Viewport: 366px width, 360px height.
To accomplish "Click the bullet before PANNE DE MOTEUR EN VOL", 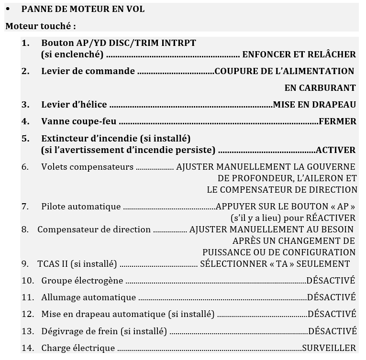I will click(8, 10).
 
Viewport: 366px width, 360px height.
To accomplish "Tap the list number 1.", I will click(25, 43).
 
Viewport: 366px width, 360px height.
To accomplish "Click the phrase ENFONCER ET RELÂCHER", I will click(299, 55).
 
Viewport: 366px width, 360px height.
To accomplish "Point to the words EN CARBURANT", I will click(320, 88).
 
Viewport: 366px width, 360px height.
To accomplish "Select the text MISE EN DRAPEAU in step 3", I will click(314, 105).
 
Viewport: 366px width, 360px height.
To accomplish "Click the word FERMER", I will click(337, 121).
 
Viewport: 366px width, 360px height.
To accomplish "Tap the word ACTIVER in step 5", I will click(335, 150).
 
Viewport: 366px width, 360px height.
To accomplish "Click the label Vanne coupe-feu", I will click(79, 121).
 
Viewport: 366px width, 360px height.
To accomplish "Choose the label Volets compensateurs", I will click(87, 167).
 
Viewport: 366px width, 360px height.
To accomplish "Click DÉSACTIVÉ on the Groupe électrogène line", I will click(331, 281).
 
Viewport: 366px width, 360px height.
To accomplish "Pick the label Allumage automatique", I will click(89, 297).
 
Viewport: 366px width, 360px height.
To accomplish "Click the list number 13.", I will click(27, 331).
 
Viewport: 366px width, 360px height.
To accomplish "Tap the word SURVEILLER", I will click(329, 348).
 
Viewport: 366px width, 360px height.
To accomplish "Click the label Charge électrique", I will click(78, 348).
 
